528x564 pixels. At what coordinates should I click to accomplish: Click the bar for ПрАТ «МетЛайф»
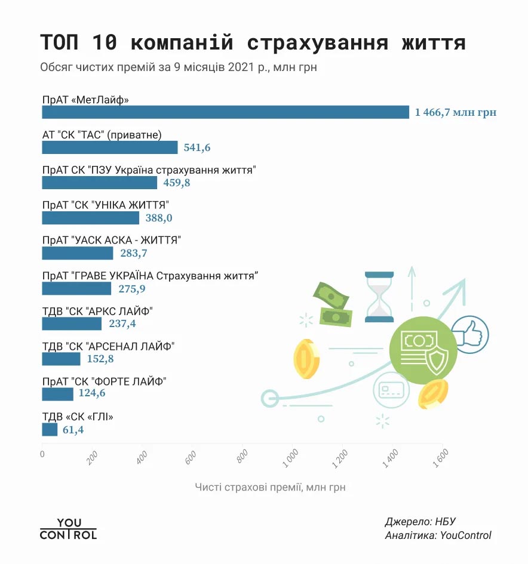[225, 112]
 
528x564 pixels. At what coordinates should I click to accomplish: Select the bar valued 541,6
[110, 147]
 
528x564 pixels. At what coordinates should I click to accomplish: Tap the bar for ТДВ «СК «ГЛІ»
[50, 430]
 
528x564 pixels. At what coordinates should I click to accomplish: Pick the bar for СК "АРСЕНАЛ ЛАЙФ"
[61, 359]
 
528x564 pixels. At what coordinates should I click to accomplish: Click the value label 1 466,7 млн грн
[456, 112]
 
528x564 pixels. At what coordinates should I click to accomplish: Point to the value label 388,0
[159, 218]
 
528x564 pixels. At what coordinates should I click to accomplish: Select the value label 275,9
[132, 289]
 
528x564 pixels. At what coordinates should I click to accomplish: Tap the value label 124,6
[92, 395]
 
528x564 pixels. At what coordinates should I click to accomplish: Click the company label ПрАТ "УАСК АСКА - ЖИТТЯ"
[112, 240]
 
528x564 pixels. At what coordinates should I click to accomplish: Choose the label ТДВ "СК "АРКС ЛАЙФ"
[97, 311]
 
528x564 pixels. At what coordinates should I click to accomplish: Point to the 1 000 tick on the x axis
[291, 458]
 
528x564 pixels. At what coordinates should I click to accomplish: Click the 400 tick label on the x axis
[142, 458]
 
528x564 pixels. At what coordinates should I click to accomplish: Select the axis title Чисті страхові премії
[270, 488]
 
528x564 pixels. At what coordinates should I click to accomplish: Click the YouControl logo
[68, 529]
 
